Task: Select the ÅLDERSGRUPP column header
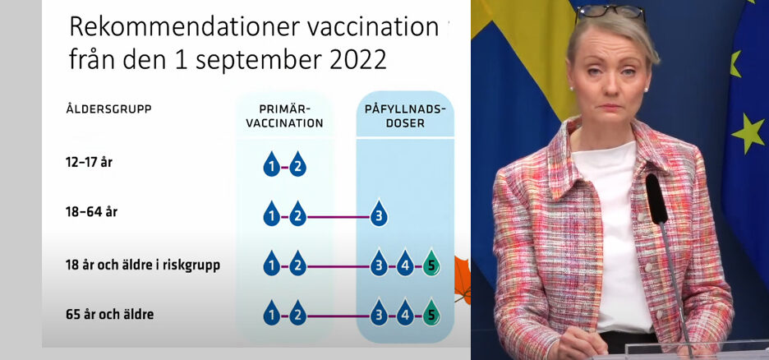pyautogui.click(x=108, y=108)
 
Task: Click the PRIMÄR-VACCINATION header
pyautogui.click(x=284, y=117)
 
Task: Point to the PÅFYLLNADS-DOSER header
pyautogui.click(x=405, y=117)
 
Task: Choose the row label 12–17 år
pyautogui.click(x=89, y=163)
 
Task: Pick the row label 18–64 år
pyautogui.click(x=91, y=212)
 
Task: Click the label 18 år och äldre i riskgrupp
pyautogui.click(x=143, y=265)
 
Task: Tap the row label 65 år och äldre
pyautogui.click(x=109, y=315)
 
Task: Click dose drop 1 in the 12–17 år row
pyautogui.click(x=271, y=165)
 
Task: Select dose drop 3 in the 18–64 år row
pyautogui.click(x=379, y=214)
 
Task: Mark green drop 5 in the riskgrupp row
pyautogui.click(x=431, y=264)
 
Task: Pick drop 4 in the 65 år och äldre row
pyautogui.click(x=404, y=313)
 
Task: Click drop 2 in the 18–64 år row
pyautogui.click(x=297, y=215)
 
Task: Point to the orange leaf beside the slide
pyautogui.click(x=462, y=279)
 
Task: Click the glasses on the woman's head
pyautogui.click(x=610, y=12)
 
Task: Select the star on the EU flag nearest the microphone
pyautogui.click(x=748, y=132)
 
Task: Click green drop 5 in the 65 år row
pyautogui.click(x=431, y=313)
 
